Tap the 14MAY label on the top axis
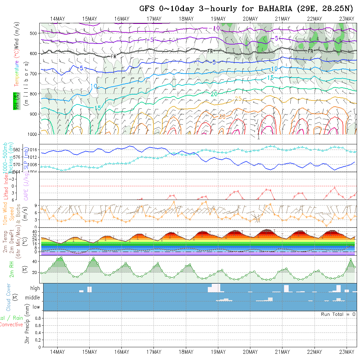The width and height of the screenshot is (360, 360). click(x=58, y=19)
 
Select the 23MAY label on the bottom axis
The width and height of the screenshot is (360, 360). click(x=347, y=352)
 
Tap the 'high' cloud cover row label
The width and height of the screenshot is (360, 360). click(x=35, y=288)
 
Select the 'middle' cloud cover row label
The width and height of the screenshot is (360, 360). click(x=33, y=297)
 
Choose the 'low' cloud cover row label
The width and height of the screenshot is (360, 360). click(x=36, y=307)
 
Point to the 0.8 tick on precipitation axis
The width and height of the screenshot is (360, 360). click(x=37, y=318)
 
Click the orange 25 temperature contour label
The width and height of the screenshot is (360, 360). click(x=239, y=99)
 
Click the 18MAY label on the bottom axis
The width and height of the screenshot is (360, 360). click(x=186, y=352)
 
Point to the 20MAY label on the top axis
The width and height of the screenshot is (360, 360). click(x=250, y=19)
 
